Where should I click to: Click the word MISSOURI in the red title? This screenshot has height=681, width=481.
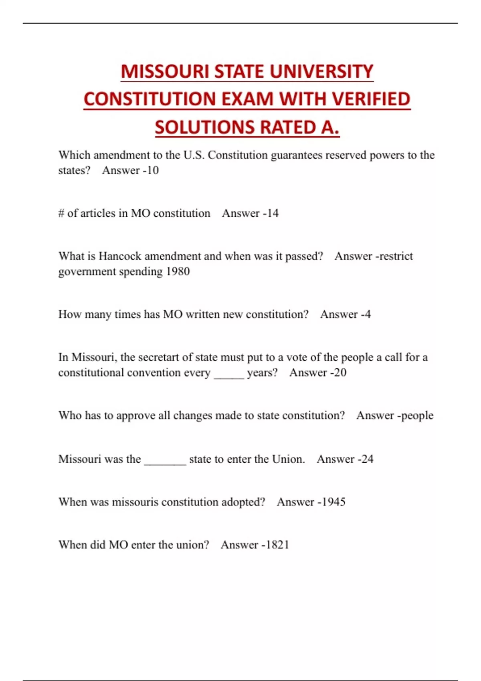pos(165,72)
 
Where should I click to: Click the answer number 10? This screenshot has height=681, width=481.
pos(152,170)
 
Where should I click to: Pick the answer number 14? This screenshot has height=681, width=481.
pos(272,213)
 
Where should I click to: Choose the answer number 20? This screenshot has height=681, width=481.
pos(340,373)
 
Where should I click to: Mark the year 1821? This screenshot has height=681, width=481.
pos(277,545)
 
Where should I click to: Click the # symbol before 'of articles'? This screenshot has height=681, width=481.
pos(61,213)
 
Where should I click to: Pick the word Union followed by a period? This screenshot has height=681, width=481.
pos(288,459)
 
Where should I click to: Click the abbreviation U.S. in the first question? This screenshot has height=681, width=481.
pos(194,155)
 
